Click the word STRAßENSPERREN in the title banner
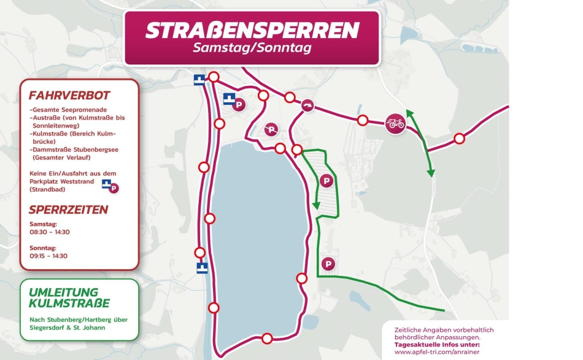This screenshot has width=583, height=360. (252, 29)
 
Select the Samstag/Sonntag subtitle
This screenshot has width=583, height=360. (252, 48)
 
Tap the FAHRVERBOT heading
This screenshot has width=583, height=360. (69, 96)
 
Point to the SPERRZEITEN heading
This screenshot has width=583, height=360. (68, 210)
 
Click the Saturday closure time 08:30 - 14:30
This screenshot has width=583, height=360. (50, 232)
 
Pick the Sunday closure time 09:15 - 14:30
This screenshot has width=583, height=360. (48, 256)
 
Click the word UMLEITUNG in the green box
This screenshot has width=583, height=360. (63, 292)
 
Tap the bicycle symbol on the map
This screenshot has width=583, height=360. (395, 123)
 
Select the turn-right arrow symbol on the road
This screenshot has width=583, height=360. (307, 105)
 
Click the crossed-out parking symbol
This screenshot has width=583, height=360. (271, 129)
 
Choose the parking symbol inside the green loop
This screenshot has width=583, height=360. (326, 181)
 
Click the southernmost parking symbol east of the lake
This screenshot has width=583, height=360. (329, 264)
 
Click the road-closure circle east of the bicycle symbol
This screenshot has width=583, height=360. (459, 139)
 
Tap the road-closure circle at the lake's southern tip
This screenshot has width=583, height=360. (266, 339)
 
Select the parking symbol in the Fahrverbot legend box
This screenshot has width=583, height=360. (114, 188)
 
